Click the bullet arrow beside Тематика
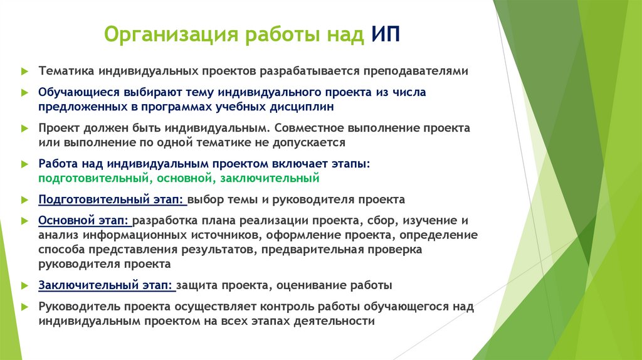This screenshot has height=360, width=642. [x=23, y=71]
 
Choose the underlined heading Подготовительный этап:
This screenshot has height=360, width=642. [x=111, y=199]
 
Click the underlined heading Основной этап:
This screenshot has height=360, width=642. [x=84, y=221]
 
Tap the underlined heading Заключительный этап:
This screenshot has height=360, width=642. [x=105, y=285]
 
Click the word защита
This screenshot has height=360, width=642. [x=197, y=285]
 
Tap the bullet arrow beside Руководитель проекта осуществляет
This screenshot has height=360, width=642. [x=23, y=307]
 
